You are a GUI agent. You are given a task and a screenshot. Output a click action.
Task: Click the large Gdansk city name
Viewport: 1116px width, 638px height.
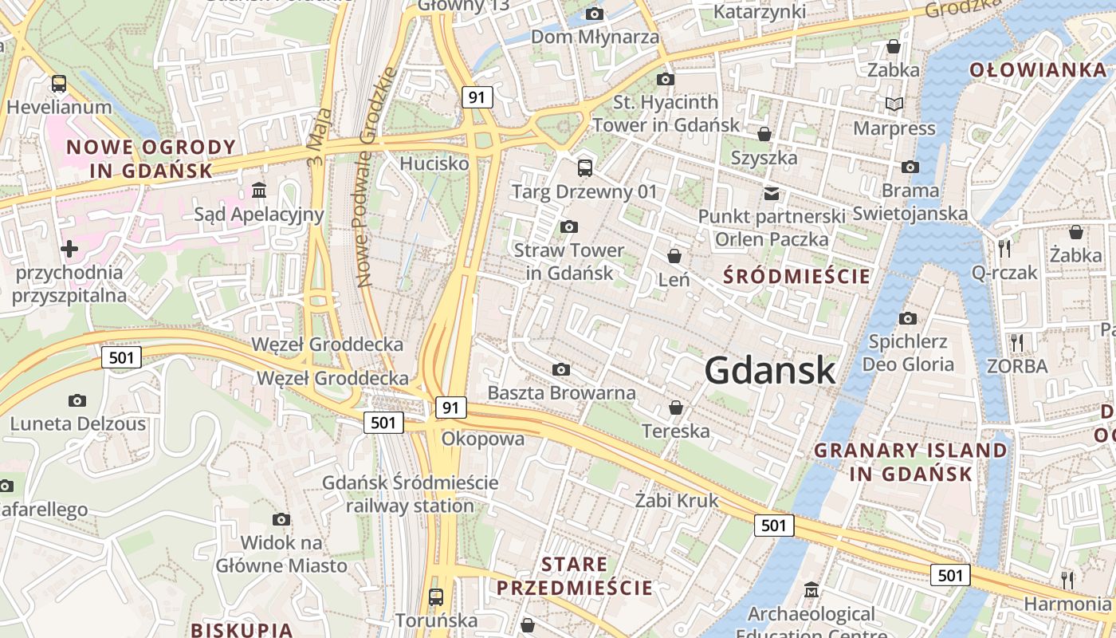point(770,371)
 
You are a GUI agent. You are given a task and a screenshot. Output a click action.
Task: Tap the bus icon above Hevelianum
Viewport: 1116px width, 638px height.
point(58,83)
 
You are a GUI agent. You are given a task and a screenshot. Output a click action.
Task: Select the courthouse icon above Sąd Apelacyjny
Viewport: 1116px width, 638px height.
point(259,190)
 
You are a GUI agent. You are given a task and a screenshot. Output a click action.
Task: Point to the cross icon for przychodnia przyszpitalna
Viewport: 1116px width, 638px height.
point(69,249)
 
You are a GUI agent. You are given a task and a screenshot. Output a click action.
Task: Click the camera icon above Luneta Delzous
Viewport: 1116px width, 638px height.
point(77,400)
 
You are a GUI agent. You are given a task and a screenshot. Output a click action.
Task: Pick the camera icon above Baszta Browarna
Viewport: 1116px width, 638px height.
point(561,369)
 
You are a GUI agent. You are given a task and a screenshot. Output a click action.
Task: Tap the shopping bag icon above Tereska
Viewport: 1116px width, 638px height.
point(676,408)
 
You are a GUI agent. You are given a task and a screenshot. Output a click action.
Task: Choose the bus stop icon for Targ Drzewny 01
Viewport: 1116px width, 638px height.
point(585,167)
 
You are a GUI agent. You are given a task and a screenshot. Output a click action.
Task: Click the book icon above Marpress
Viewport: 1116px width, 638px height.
point(894,104)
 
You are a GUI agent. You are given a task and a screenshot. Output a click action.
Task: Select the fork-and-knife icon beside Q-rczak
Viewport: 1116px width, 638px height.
point(1004,248)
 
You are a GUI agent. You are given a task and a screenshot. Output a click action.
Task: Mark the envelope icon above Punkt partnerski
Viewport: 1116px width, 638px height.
point(771,193)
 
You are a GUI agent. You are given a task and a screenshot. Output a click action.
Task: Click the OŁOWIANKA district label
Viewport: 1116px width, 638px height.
point(1038,70)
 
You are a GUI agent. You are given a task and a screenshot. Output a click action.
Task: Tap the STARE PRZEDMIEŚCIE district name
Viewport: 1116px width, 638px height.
point(575,577)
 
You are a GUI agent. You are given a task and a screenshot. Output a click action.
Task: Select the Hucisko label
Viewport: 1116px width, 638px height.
point(434,163)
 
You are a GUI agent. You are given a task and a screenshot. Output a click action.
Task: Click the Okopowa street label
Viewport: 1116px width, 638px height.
point(483,439)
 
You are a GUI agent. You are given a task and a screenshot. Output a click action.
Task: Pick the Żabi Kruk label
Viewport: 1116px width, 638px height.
point(677,501)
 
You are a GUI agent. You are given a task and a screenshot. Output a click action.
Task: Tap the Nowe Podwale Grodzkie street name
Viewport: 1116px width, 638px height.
point(376,177)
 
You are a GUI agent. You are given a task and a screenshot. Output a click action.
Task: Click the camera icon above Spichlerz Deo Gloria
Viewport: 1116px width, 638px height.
point(907,318)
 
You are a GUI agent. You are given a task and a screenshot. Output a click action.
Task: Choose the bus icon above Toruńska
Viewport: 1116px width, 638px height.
point(436,597)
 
